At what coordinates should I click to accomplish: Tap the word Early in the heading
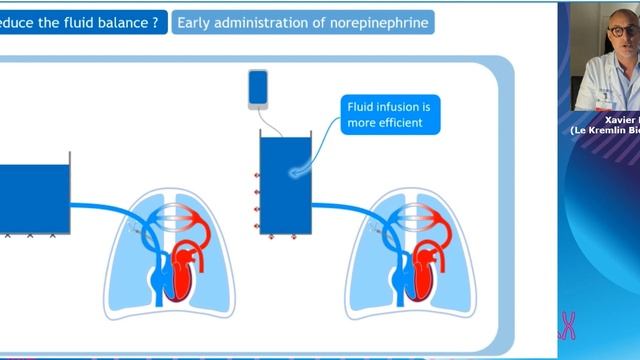197,22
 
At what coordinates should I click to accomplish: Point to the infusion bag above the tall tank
257,88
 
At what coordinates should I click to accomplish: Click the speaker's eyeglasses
623,32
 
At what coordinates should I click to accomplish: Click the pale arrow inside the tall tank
299,173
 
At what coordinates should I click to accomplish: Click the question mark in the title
154,22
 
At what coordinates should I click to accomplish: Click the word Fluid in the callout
360,106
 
